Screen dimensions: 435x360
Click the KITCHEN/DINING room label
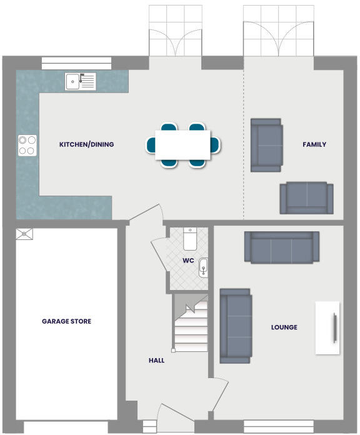tap(86, 144)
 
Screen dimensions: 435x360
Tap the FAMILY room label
tap(314, 144)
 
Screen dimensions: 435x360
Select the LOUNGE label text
tap(284, 327)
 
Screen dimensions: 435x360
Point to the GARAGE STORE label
tap(66, 321)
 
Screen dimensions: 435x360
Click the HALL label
tap(156, 360)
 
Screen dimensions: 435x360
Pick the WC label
tap(188, 260)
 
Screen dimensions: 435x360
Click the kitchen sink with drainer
tap(80, 81)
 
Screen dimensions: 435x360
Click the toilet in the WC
tap(191, 239)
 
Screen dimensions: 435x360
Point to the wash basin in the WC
tap(203, 269)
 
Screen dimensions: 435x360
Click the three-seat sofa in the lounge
tap(282, 247)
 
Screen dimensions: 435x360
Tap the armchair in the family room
tap(266, 145)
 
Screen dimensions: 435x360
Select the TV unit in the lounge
tap(328, 327)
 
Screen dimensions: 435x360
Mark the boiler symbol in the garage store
tap(24, 233)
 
